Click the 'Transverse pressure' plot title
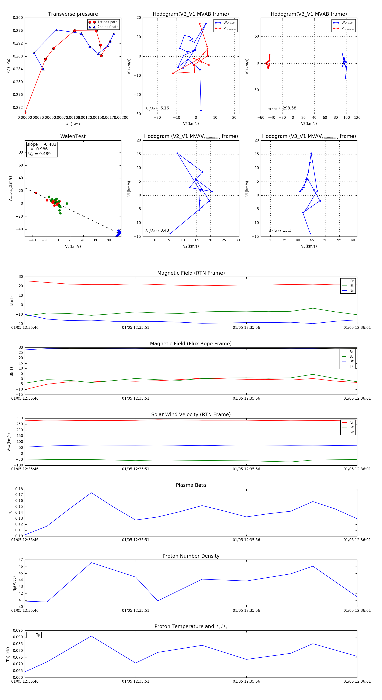point(73,14)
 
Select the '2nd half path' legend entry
point(108,27)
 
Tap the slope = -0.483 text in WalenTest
point(42,144)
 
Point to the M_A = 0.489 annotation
point(39,154)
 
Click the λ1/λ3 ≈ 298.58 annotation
point(282,108)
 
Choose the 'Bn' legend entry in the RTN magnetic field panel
point(352,290)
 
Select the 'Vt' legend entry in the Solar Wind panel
point(352,427)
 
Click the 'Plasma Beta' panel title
point(191,485)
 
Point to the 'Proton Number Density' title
point(191,556)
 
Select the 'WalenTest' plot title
point(73,136)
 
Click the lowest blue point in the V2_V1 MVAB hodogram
point(201,110)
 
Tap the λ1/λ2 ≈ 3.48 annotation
point(157,230)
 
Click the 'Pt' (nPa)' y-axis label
point(8,66)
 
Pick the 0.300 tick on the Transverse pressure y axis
point(18,18)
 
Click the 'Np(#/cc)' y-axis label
point(14,583)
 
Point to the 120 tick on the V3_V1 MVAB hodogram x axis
point(357,118)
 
